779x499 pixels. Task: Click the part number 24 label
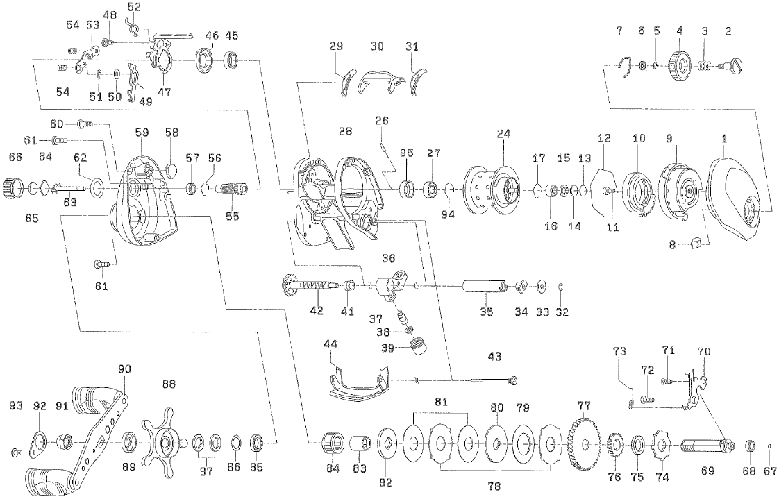[503, 135]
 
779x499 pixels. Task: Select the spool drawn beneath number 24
[494, 188]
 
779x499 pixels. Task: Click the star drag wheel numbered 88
[167, 440]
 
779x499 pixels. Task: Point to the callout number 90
[125, 369]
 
